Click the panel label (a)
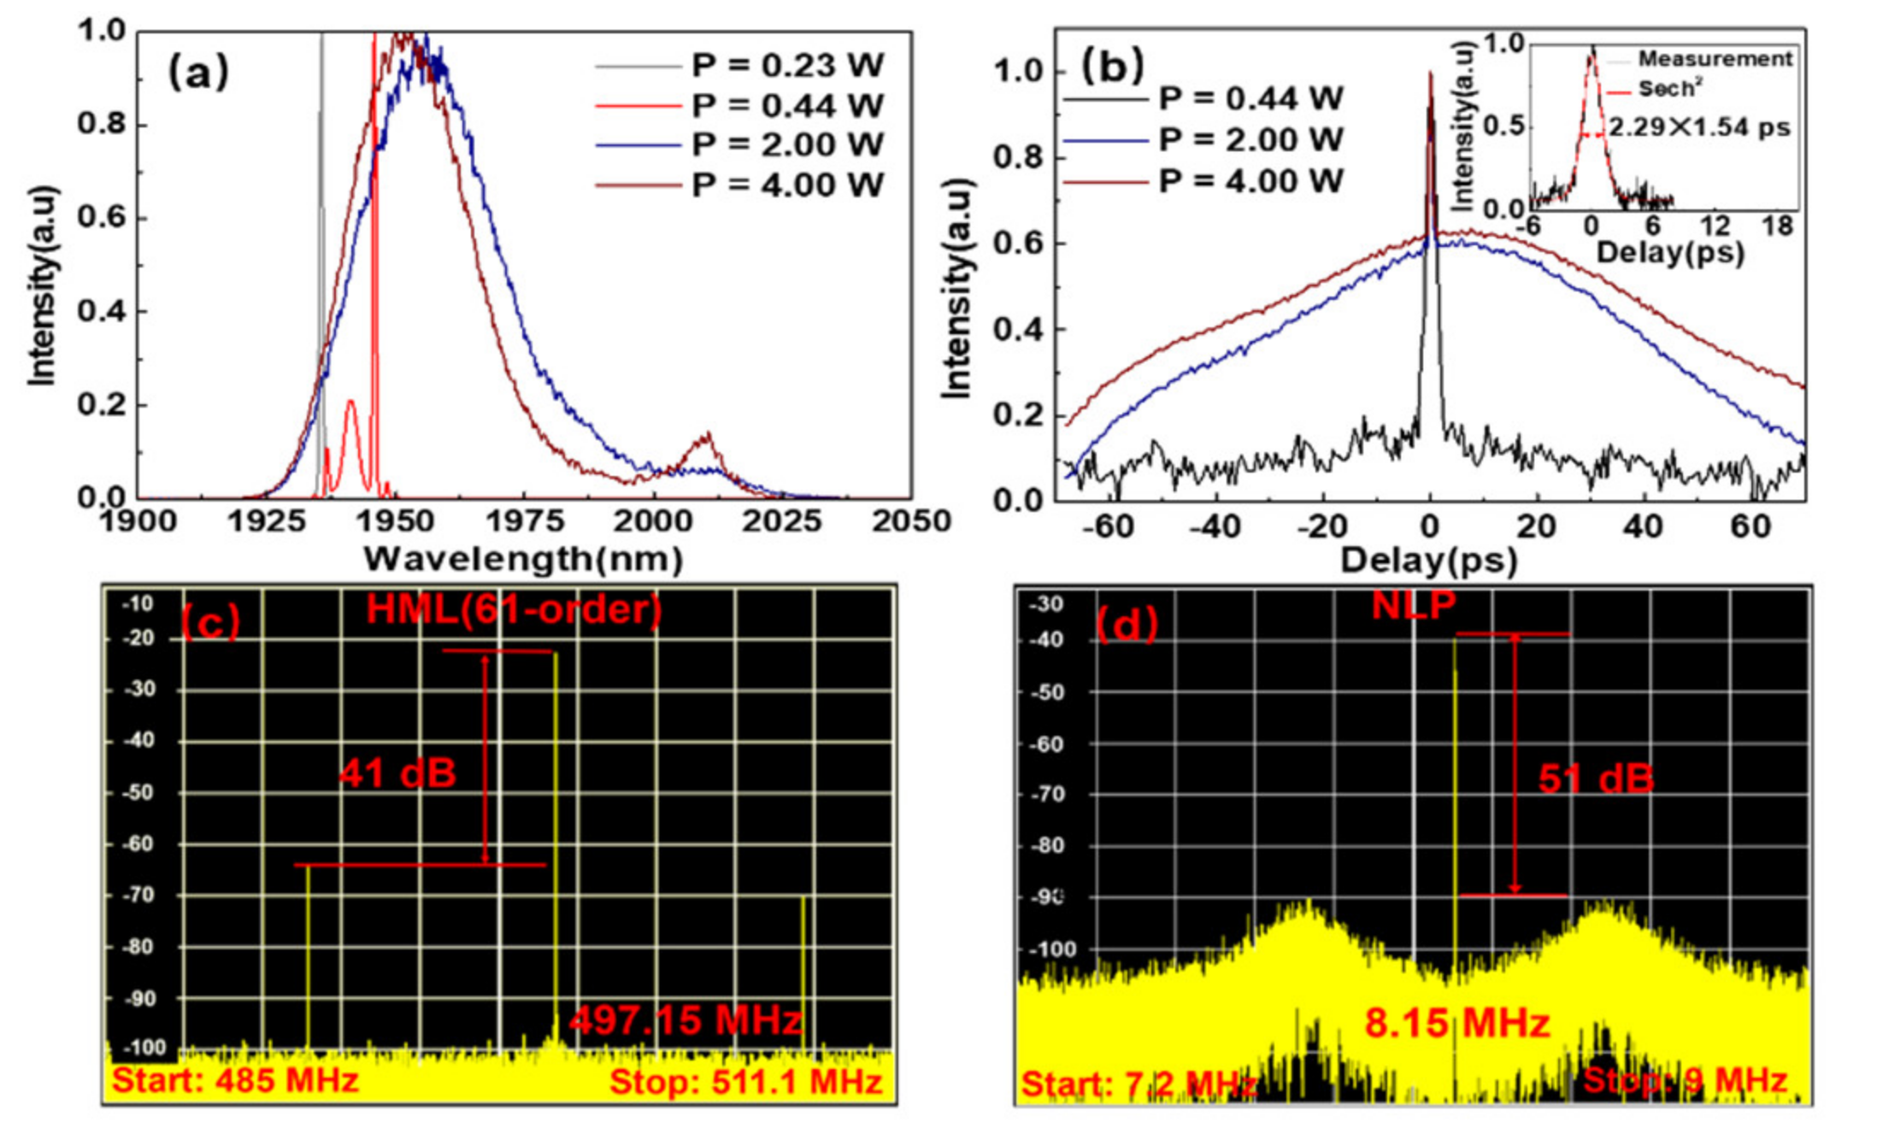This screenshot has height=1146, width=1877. (198, 73)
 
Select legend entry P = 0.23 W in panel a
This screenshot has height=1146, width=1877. (786, 66)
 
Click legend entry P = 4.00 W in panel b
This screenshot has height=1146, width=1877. (1250, 181)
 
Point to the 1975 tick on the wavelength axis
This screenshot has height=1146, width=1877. (524, 521)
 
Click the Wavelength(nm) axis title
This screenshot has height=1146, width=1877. (523, 560)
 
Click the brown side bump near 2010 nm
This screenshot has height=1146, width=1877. (706, 438)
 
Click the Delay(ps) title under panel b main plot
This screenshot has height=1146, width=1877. (1428, 561)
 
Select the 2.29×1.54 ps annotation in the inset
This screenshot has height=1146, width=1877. (1699, 128)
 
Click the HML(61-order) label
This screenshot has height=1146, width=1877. (514, 610)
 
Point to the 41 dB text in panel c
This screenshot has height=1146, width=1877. (397, 773)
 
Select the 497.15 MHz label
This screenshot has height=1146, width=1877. (685, 1020)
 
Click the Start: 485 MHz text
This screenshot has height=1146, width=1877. (235, 1080)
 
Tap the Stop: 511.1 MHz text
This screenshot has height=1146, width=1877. (745, 1082)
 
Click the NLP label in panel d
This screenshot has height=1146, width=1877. (1414, 605)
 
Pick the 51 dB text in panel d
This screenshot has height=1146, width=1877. (1596, 779)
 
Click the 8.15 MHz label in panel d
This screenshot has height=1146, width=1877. (1456, 1023)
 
